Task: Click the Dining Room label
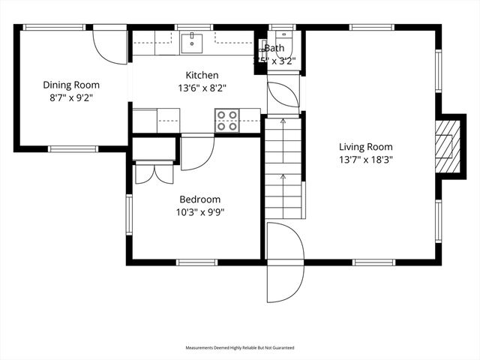71,85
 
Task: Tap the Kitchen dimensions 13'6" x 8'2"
202,87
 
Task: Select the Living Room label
365,147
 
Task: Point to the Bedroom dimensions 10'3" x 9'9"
199,211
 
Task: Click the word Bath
274,49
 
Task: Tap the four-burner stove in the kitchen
227,121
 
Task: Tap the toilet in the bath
283,37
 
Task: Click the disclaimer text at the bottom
240,348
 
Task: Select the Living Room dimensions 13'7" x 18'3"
365,160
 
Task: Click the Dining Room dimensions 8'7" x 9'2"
71,97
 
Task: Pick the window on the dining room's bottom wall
73,148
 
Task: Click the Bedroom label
199,199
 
